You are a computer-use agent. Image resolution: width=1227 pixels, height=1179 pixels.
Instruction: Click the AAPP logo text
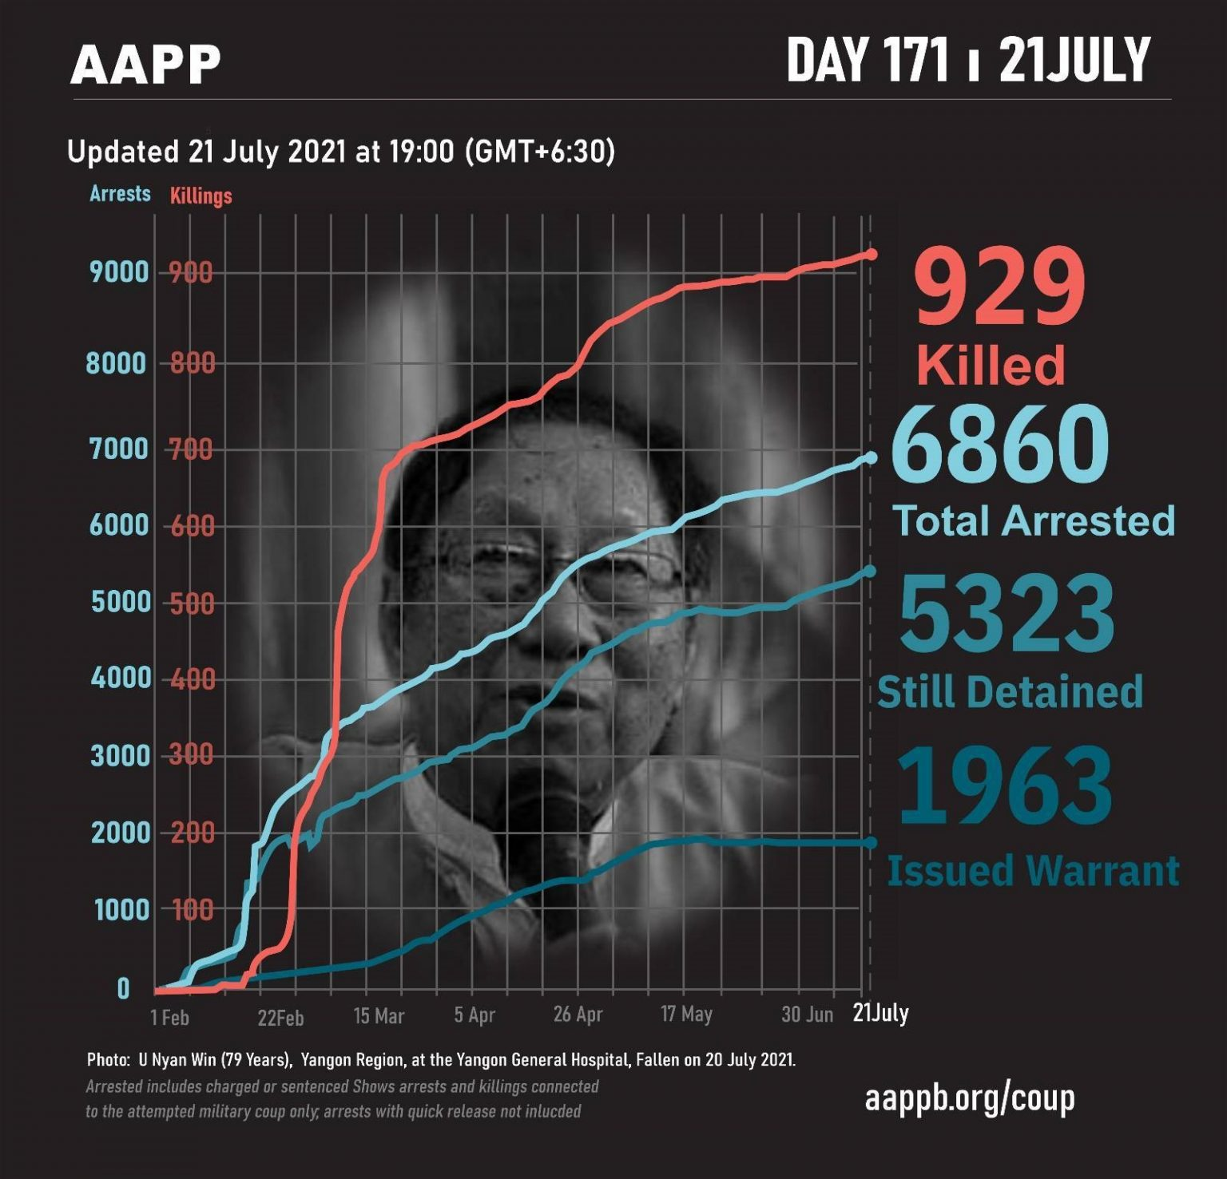(x=145, y=65)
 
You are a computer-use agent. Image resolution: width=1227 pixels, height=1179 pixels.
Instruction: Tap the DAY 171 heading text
(x=868, y=61)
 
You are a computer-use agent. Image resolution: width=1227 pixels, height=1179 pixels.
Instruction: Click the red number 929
(x=999, y=287)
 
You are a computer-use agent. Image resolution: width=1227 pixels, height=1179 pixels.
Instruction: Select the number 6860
(x=999, y=444)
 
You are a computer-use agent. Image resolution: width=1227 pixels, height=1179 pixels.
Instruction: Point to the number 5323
(x=1007, y=615)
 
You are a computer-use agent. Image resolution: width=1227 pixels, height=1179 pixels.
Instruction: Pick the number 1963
(x=1005, y=785)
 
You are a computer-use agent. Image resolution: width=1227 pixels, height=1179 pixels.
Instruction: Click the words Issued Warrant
(x=1033, y=870)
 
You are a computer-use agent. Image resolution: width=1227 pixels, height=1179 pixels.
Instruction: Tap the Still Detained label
(x=1010, y=691)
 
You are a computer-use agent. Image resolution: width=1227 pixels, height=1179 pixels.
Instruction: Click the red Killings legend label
(x=201, y=196)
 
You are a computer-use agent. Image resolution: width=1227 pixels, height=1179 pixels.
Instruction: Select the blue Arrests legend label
(x=120, y=194)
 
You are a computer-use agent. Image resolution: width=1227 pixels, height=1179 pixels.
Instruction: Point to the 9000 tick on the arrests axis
(x=120, y=272)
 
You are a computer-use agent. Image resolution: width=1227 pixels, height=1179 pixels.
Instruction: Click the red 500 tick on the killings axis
(x=192, y=603)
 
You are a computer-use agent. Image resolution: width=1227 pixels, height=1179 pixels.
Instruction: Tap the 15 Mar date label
(x=379, y=1016)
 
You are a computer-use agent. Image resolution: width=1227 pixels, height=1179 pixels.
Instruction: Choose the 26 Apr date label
(x=578, y=1015)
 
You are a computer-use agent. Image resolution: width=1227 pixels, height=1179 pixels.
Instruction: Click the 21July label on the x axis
(x=880, y=1013)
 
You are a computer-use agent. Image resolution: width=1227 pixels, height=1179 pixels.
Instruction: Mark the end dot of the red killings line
(x=872, y=254)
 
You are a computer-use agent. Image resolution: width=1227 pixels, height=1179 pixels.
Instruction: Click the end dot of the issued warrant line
(x=871, y=843)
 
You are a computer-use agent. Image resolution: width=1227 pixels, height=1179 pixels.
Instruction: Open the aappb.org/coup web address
(x=969, y=1098)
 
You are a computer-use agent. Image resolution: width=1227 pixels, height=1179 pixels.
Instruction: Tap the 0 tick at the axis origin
(x=123, y=989)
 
